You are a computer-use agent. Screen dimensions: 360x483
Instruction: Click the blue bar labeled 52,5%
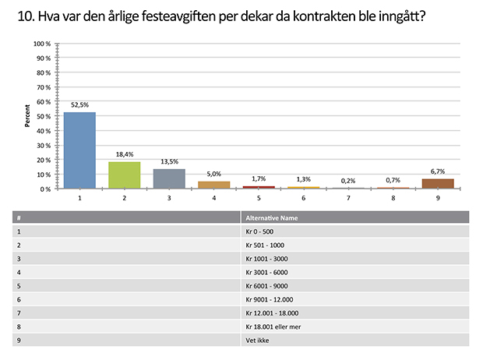[79, 150]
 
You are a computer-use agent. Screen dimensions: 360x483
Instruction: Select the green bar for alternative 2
[124, 175]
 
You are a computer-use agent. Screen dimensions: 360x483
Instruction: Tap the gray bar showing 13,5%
[169, 178]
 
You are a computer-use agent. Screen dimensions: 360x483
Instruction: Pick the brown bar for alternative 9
[438, 184]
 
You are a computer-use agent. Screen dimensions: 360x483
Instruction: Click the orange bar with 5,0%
[213, 185]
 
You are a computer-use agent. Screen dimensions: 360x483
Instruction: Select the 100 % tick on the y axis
[42, 44]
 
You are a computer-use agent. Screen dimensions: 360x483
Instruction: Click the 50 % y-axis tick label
[44, 116]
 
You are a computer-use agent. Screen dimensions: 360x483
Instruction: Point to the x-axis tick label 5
[259, 198]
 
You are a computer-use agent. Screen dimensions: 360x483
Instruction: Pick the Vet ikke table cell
[256, 340]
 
